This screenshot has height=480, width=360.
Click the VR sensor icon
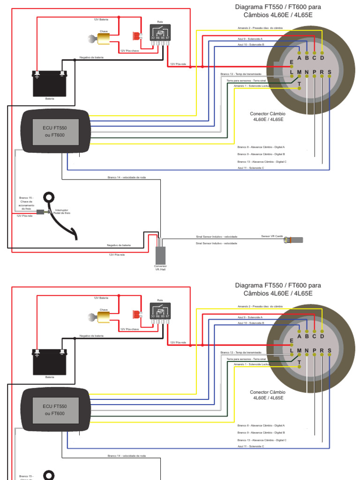[x=296, y=240]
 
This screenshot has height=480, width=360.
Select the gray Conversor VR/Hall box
[x=161, y=255]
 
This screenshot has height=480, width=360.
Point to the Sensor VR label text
[x=272, y=236]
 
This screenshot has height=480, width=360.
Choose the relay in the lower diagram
[x=160, y=311]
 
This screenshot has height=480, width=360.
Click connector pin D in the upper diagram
[x=322, y=58]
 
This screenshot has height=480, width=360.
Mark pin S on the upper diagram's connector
[x=330, y=73]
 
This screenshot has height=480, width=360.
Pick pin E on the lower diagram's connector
[x=292, y=341]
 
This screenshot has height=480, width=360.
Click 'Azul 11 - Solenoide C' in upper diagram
[x=251, y=167]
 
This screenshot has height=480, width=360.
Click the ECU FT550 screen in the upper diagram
[x=55, y=132]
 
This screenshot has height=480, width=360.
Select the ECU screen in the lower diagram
[x=55, y=410]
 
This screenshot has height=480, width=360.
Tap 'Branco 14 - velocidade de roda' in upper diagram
[x=127, y=177]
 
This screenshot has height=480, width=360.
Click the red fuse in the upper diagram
[x=136, y=36]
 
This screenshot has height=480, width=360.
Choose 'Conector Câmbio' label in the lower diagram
[x=267, y=395]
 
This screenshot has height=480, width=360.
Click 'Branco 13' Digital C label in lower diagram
[x=262, y=440]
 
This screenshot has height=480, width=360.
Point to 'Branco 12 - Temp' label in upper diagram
[x=241, y=74]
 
